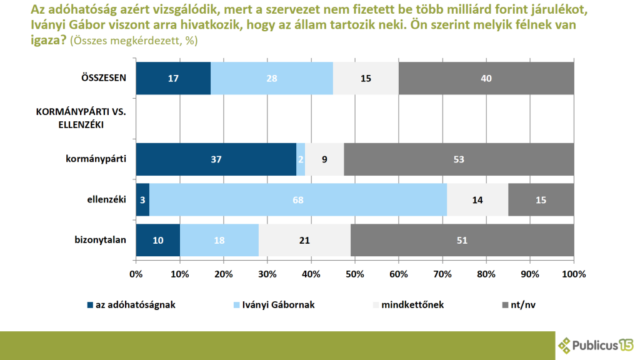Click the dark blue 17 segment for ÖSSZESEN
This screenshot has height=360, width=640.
(x=173, y=78)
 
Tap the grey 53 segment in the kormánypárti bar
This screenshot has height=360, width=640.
(x=459, y=159)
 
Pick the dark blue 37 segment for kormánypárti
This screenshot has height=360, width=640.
(x=216, y=159)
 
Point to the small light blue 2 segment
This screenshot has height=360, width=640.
(x=301, y=159)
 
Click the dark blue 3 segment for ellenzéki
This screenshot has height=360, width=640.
(x=142, y=199)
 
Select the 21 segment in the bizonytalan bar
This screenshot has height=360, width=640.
(x=304, y=240)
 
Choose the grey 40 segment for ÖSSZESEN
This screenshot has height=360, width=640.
(x=486, y=78)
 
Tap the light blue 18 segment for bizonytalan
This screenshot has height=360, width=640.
(x=219, y=240)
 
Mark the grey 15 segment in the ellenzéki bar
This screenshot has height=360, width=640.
(x=541, y=199)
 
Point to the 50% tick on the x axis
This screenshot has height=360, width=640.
(x=355, y=274)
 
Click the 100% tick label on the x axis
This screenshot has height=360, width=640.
(x=574, y=274)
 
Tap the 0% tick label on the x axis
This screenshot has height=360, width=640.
(x=136, y=274)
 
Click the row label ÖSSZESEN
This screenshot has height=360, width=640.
(x=104, y=78)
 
